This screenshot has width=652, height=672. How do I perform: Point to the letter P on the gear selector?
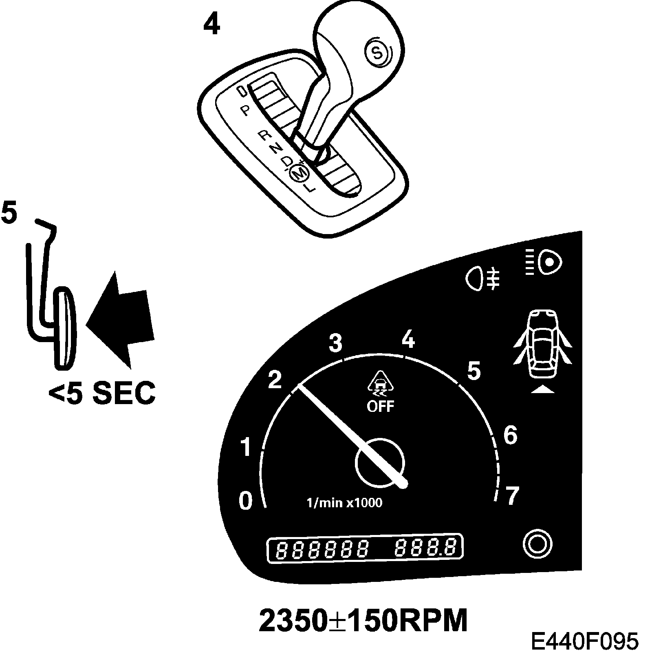[x=244, y=111]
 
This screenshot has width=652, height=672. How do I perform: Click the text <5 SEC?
[x=102, y=393]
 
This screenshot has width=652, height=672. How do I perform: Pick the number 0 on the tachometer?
[x=245, y=501]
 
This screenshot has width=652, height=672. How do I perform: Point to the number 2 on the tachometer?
[x=275, y=380]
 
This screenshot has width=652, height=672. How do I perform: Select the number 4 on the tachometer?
[x=408, y=339]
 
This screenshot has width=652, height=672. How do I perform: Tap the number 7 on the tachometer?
[x=511, y=496]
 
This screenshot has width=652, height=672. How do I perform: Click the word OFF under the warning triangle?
[x=381, y=406]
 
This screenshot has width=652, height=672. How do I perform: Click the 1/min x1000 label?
[x=344, y=502]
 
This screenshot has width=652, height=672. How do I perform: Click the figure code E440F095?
[x=584, y=642]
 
